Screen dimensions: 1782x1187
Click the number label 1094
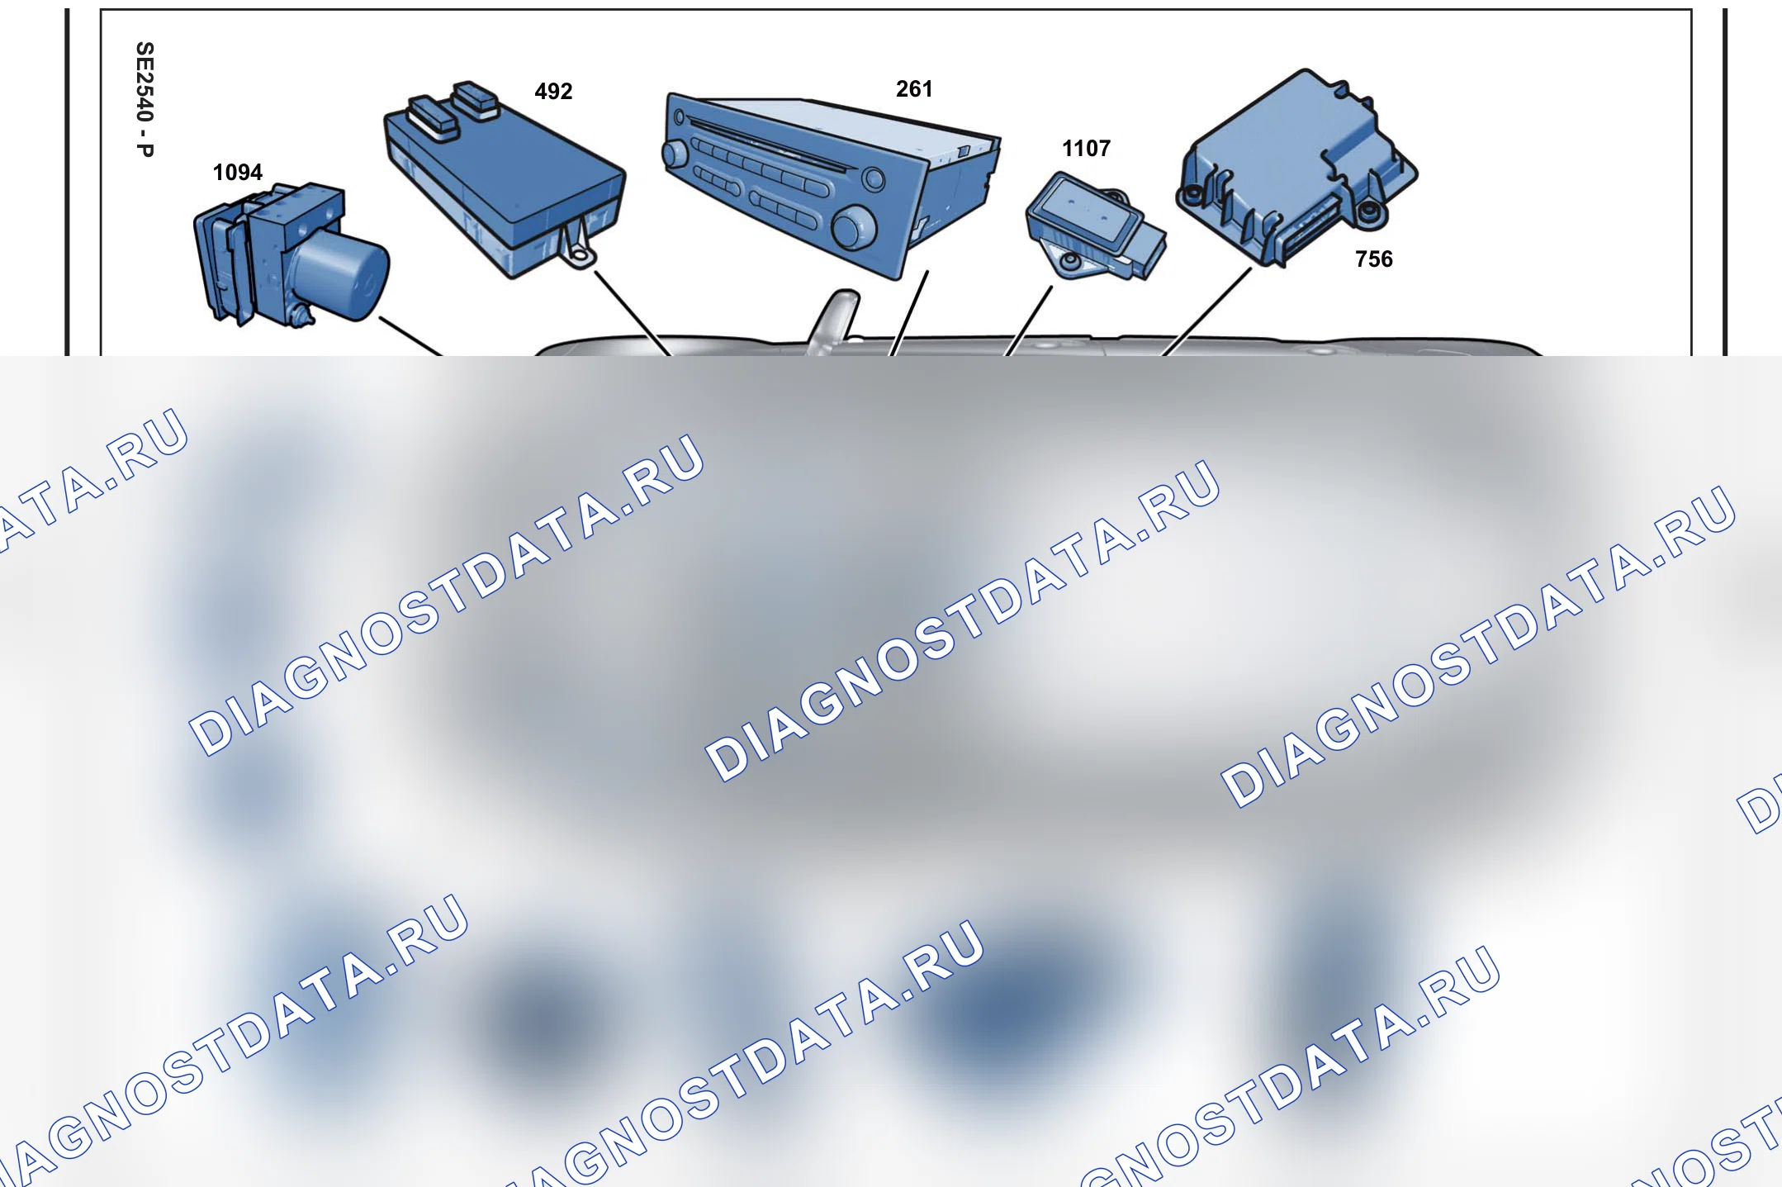[238, 173]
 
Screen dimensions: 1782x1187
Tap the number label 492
[553, 92]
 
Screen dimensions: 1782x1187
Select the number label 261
[914, 89]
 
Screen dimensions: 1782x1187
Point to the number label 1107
[1086, 149]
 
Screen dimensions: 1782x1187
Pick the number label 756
[1374, 259]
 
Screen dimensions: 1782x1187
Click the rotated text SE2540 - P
[145, 99]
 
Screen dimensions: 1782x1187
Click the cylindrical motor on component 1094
[340, 273]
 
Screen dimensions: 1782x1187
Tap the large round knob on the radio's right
[854, 226]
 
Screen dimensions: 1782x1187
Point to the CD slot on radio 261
[767, 145]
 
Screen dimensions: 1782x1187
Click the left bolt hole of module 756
[1192, 195]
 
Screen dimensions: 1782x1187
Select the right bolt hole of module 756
[1368, 212]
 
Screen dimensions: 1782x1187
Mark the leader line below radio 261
[908, 313]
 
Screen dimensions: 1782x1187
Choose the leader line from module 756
[1206, 311]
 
